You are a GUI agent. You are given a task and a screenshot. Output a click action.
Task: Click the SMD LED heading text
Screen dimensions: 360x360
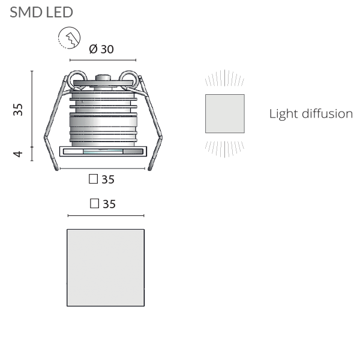[41, 12]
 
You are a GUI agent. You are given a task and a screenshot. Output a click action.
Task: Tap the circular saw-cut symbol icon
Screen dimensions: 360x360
[69, 38]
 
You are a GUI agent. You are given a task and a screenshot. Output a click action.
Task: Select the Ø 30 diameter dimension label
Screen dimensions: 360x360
[101, 49]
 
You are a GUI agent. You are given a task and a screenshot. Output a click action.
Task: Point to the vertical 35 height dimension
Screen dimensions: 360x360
[18, 110]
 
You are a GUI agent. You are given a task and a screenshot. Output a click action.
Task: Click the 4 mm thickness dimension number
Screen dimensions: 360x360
[18, 154]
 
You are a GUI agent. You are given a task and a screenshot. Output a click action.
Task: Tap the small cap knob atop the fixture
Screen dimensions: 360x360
[103, 77]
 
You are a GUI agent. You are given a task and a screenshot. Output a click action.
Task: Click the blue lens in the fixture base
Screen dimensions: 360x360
[103, 151]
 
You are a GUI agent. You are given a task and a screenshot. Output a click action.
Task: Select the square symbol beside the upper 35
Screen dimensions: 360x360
[93, 179]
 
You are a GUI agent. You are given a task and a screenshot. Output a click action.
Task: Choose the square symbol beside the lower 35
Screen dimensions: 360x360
[94, 203]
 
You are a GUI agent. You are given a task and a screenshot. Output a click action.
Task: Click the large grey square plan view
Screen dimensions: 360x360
[106, 268]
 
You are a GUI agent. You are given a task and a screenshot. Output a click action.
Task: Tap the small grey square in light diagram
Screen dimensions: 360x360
[225, 113]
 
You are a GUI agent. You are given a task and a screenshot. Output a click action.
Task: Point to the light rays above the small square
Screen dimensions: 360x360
[224, 78]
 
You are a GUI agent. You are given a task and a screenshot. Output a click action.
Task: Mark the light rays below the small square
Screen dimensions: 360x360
[224, 149]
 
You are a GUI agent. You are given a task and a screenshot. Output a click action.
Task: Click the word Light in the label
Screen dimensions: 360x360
[284, 113]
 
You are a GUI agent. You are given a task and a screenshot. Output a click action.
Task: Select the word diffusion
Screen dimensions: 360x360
[327, 113]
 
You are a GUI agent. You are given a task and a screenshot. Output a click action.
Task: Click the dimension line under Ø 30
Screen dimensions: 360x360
[103, 60]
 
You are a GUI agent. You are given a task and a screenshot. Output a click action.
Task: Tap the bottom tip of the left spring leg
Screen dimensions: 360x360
[57, 170]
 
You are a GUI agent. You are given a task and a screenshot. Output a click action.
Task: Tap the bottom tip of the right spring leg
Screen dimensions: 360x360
[149, 170]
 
